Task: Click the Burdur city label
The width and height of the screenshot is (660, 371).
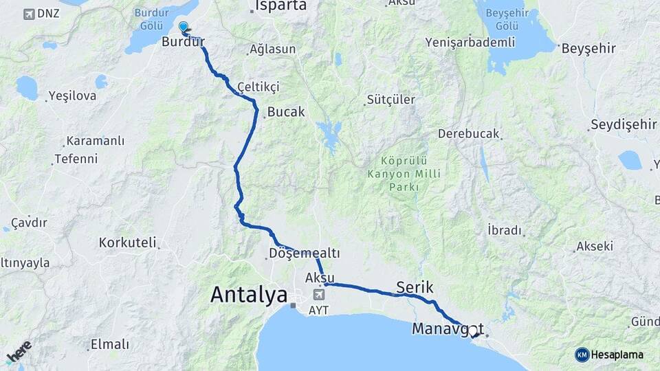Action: pyautogui.click(x=184, y=43)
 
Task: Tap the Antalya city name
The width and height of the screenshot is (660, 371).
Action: pyautogui.click(x=249, y=295)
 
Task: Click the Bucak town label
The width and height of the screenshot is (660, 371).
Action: pyautogui.click(x=286, y=111)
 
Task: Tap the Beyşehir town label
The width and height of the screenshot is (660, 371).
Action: pyautogui.click(x=588, y=49)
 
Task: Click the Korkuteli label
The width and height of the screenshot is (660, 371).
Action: pyautogui.click(x=127, y=243)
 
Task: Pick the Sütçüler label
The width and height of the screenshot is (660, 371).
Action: pyautogui.click(x=391, y=99)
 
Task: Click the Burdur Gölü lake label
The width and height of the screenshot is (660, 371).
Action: pyautogui.click(x=152, y=19)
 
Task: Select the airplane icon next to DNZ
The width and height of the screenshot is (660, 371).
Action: pyautogui.click(x=28, y=14)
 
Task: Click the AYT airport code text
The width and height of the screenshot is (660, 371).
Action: pyautogui.click(x=319, y=310)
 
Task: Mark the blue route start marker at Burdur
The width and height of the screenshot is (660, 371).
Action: pyautogui.click(x=184, y=27)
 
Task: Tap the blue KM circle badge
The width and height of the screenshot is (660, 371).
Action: pyautogui.click(x=582, y=355)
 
